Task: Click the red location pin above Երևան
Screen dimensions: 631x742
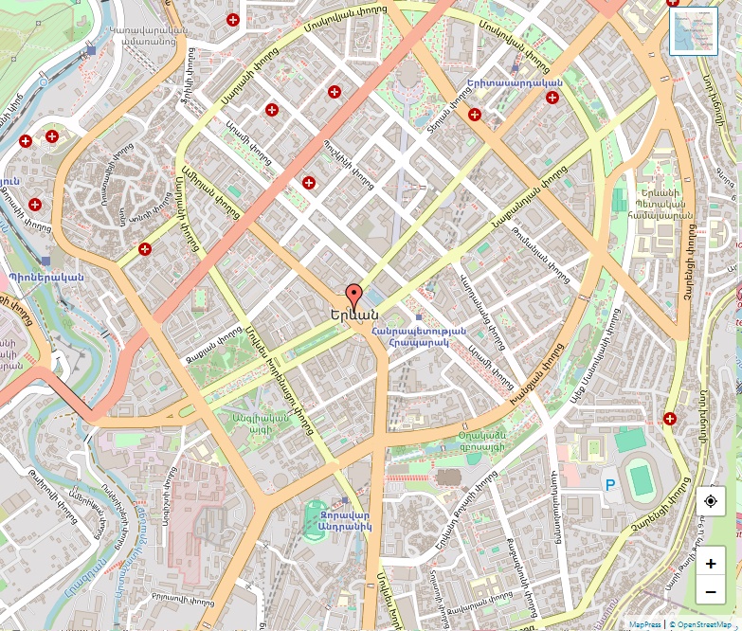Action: [x=354, y=295]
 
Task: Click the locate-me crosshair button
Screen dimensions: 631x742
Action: [x=711, y=501]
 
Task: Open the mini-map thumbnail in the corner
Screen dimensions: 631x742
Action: [x=694, y=31]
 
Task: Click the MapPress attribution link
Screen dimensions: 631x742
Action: [x=645, y=624]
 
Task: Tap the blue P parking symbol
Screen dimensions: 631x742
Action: [x=610, y=485]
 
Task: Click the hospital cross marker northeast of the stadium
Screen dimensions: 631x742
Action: [x=670, y=418]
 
